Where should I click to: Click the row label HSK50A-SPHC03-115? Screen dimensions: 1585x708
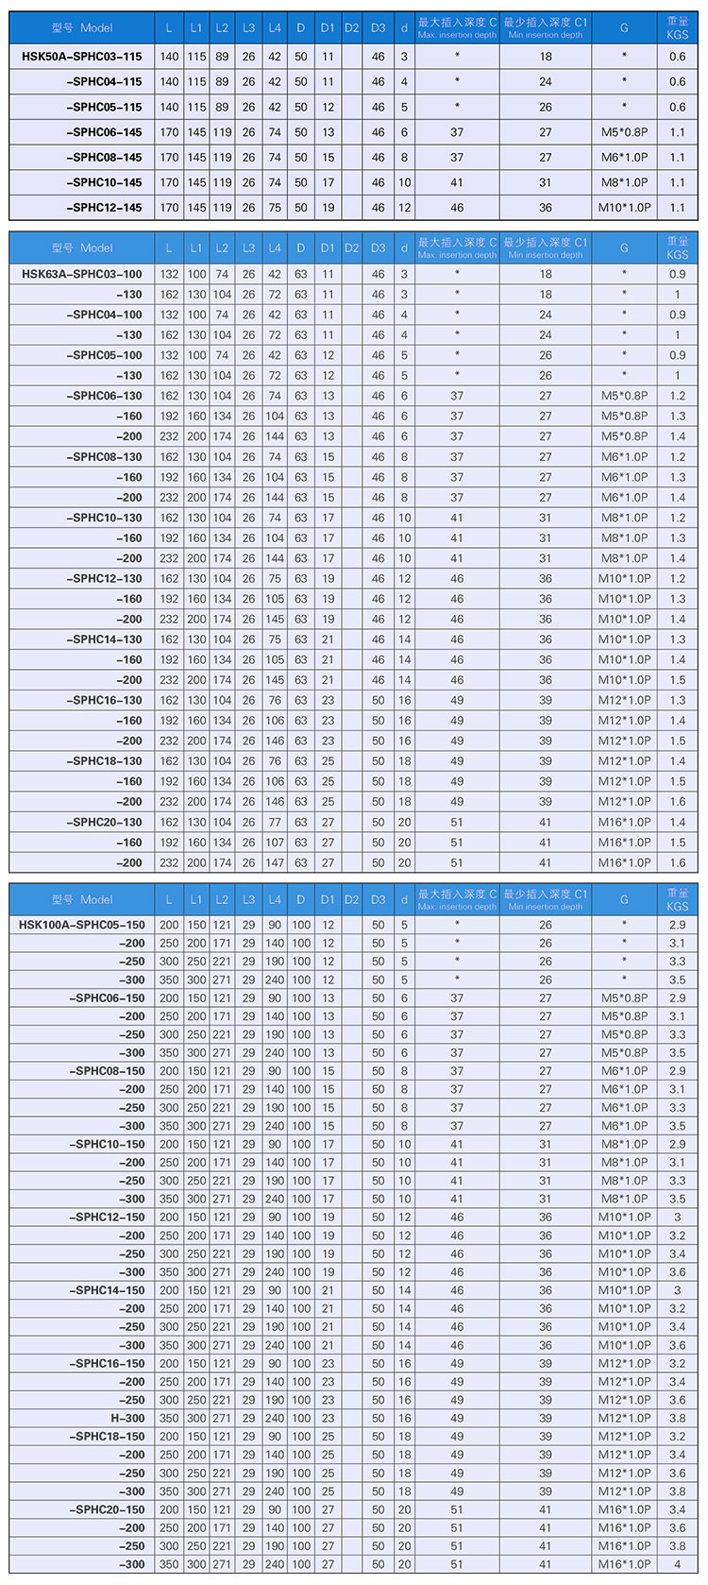click(x=82, y=57)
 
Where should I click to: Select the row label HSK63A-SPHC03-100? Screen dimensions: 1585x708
click(x=82, y=274)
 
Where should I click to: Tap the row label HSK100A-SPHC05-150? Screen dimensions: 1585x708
click(x=82, y=925)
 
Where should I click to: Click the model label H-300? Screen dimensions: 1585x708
click(x=127, y=1418)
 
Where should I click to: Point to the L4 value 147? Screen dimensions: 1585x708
click(x=275, y=862)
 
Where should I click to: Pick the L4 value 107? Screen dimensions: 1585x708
click(x=275, y=843)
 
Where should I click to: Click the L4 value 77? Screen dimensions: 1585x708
click(x=275, y=822)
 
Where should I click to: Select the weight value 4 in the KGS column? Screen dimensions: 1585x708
click(x=677, y=1564)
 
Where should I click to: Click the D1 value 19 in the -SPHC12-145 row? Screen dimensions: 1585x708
click(x=328, y=208)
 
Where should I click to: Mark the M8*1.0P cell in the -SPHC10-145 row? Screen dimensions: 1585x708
click(x=624, y=182)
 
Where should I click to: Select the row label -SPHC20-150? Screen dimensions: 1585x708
click(x=107, y=1509)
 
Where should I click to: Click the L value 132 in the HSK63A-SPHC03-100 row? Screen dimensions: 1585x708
click(x=169, y=274)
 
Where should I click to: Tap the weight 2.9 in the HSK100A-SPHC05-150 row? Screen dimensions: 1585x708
click(x=677, y=925)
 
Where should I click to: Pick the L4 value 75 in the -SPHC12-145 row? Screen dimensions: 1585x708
click(x=275, y=208)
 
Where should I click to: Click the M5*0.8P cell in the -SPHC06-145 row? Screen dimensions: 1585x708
click(x=624, y=132)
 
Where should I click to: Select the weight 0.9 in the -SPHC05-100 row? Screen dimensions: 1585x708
click(x=677, y=355)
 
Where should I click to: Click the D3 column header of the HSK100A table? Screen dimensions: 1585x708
click(x=379, y=900)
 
